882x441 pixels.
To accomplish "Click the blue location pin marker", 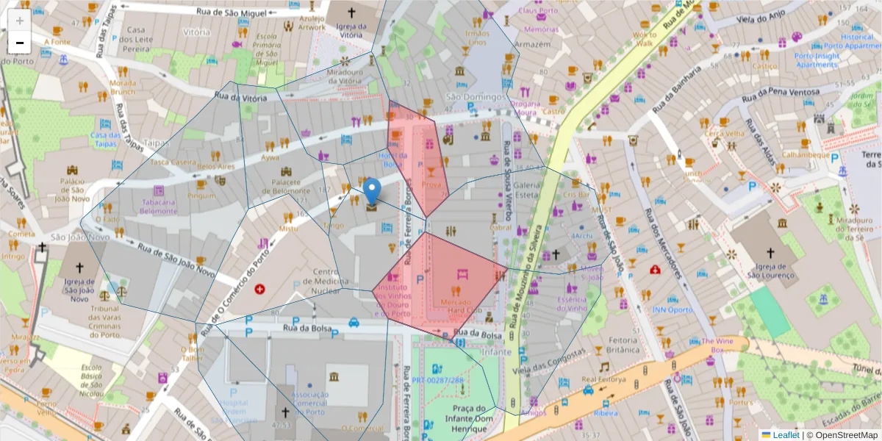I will pyautogui.click(x=373, y=191).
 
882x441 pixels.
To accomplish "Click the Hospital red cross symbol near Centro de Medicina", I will pyautogui.click(x=259, y=290).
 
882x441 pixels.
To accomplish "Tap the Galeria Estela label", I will pyautogui.click(x=527, y=190).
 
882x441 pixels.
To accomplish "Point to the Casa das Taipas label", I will pyautogui.click(x=104, y=139).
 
